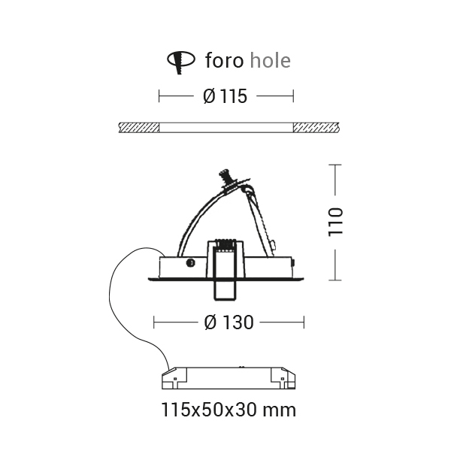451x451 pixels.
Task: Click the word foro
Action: [x=224, y=60]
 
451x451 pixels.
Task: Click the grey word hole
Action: [x=271, y=60]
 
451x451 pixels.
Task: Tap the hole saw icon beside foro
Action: [x=181, y=62]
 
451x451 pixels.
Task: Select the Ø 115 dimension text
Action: [x=225, y=96]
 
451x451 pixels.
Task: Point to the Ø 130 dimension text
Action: [x=229, y=322]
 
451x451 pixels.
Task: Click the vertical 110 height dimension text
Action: [x=335, y=222]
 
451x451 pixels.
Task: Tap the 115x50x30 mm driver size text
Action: [x=229, y=410]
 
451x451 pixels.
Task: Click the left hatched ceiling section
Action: [x=139, y=128]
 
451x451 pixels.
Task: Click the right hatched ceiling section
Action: [x=316, y=128]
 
